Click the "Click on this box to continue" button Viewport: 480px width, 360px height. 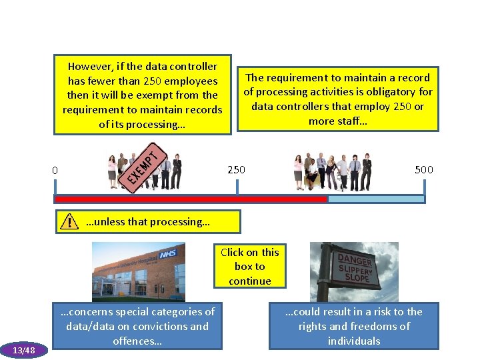point(250,266)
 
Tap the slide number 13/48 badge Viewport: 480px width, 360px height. point(23,350)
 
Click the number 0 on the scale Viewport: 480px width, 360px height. point(55,171)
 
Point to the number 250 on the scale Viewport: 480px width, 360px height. point(236,169)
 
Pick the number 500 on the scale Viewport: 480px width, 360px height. point(424,169)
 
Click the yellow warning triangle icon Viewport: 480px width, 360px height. point(68,222)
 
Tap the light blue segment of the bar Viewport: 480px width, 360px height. point(376,199)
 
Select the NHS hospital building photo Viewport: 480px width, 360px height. point(139,271)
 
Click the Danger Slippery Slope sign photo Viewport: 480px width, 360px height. point(354,271)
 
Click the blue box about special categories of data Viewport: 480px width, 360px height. point(137,326)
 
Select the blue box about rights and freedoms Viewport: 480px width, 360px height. point(354,326)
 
